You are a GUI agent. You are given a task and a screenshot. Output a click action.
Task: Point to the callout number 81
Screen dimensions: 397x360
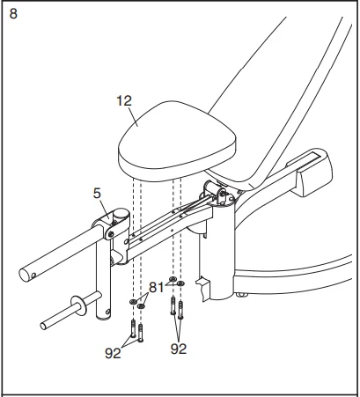coord(155,285)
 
